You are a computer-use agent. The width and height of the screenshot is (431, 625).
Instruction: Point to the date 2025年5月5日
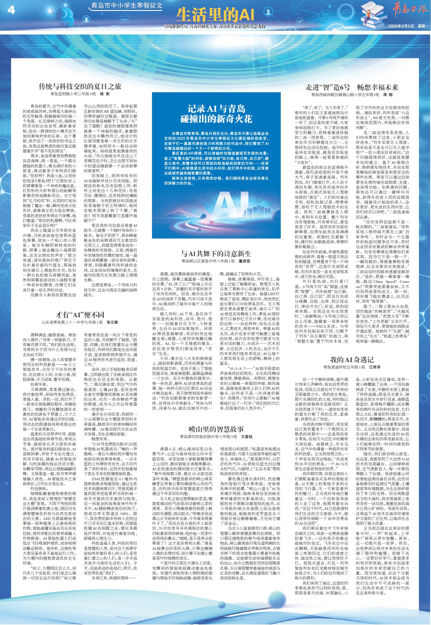pos(401,26)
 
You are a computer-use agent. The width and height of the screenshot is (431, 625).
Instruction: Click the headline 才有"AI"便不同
pos(80,314)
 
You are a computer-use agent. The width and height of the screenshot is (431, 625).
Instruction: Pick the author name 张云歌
pos(112,322)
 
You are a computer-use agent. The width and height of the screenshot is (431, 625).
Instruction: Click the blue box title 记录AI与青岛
pos(216,109)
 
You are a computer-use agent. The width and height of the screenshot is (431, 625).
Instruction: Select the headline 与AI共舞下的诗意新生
pos(216,253)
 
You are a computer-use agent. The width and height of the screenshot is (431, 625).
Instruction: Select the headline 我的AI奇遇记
pos(352,359)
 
